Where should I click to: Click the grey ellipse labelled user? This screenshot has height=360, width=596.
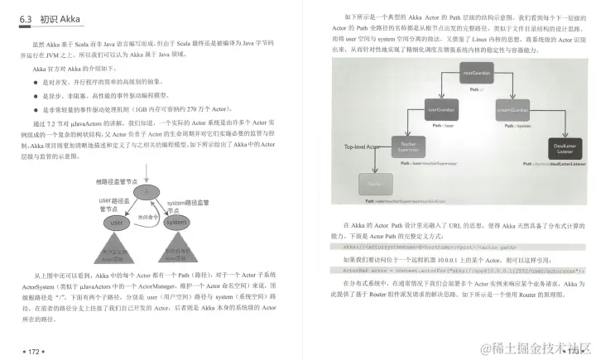tap(119, 222)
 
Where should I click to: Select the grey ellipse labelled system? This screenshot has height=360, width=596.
tap(175, 222)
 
